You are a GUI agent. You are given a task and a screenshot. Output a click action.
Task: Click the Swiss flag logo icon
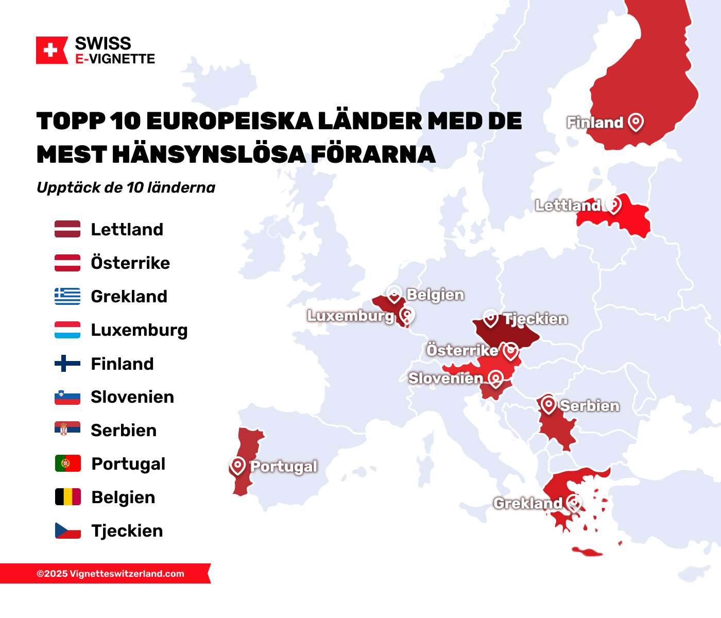click(51, 50)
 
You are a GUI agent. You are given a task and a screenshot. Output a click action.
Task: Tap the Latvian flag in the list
click(67, 229)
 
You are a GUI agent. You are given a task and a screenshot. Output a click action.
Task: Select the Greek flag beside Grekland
click(67, 296)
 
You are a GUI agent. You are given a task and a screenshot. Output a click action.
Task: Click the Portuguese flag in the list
click(67, 463)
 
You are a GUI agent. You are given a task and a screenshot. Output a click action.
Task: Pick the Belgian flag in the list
click(67, 497)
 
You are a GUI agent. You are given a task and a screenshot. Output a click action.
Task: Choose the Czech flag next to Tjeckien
click(67, 530)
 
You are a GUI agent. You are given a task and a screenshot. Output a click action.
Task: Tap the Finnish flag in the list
click(67, 364)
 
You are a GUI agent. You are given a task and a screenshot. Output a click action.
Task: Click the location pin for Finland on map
click(636, 122)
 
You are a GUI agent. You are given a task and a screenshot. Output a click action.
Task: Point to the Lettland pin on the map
click(613, 204)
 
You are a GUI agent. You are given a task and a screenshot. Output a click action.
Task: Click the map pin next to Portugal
click(237, 466)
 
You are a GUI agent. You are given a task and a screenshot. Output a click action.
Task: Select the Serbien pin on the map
click(548, 405)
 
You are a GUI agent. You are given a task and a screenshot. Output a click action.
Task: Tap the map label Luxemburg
click(350, 316)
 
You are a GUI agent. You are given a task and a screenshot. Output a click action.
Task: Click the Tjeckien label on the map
click(535, 319)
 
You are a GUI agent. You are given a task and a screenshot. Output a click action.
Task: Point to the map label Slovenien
click(445, 378)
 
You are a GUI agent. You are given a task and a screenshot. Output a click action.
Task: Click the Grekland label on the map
click(527, 503)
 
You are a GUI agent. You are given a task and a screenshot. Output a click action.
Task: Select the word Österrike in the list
click(130, 263)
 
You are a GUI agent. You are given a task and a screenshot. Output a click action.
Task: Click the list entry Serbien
click(124, 430)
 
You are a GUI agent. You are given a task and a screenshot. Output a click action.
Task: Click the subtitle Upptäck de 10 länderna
click(126, 187)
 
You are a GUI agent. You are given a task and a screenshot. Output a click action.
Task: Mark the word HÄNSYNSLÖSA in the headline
click(208, 154)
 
